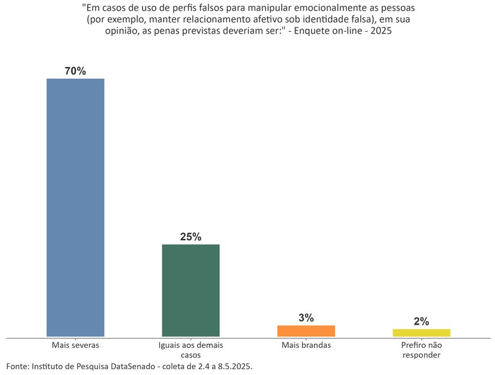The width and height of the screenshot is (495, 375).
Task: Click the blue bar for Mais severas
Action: tap(75, 207)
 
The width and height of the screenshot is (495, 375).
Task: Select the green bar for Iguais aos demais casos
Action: tap(191, 290)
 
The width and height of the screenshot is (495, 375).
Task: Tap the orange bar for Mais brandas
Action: tap(306, 330)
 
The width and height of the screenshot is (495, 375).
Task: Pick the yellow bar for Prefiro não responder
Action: tap(422, 332)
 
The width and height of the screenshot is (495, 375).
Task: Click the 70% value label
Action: tap(75, 71)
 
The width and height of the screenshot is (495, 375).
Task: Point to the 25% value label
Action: tap(191, 237)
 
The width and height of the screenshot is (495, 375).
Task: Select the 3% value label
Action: tap(306, 318)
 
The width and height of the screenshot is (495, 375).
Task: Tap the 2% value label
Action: tap(422, 321)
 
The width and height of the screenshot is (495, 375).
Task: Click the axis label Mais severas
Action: tap(75, 345)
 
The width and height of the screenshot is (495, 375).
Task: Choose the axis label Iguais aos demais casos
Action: tap(191, 350)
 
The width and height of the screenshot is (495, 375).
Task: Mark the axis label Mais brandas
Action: tap(306, 345)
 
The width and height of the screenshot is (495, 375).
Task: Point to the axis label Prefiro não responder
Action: tap(422, 350)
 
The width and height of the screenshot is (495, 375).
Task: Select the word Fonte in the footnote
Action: tap(17, 366)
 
